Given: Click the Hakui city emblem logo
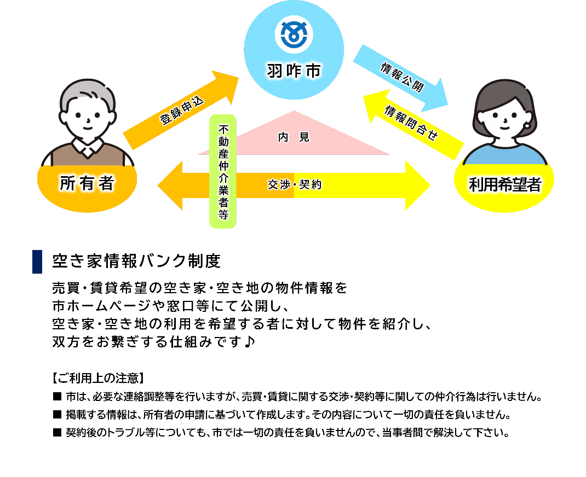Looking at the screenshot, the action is tap(294, 34).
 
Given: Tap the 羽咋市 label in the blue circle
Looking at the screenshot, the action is tap(294, 71).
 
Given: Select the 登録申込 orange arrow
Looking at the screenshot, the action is tap(181, 110).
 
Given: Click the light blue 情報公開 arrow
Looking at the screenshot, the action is tap(401, 78).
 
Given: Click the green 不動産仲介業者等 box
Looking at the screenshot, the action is tap(223, 171).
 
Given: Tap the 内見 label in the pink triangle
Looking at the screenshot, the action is tap(294, 137).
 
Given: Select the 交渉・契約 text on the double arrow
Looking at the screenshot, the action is tap(295, 184).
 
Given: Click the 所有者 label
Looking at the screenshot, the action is tap(87, 183).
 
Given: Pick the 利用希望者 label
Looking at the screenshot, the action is tap(505, 184).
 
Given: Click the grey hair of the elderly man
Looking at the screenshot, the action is tap(88, 91).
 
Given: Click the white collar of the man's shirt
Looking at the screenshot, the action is tap(88, 147).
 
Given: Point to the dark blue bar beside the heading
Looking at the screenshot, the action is tap(37, 261).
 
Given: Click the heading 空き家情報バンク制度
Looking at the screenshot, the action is tap(136, 261).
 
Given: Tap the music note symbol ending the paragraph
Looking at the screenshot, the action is tap(250, 341).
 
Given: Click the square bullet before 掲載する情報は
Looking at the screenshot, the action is tap(57, 414).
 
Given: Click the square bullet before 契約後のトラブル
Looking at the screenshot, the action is tap(57, 433).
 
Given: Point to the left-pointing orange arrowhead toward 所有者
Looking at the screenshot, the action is tap(170, 185).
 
